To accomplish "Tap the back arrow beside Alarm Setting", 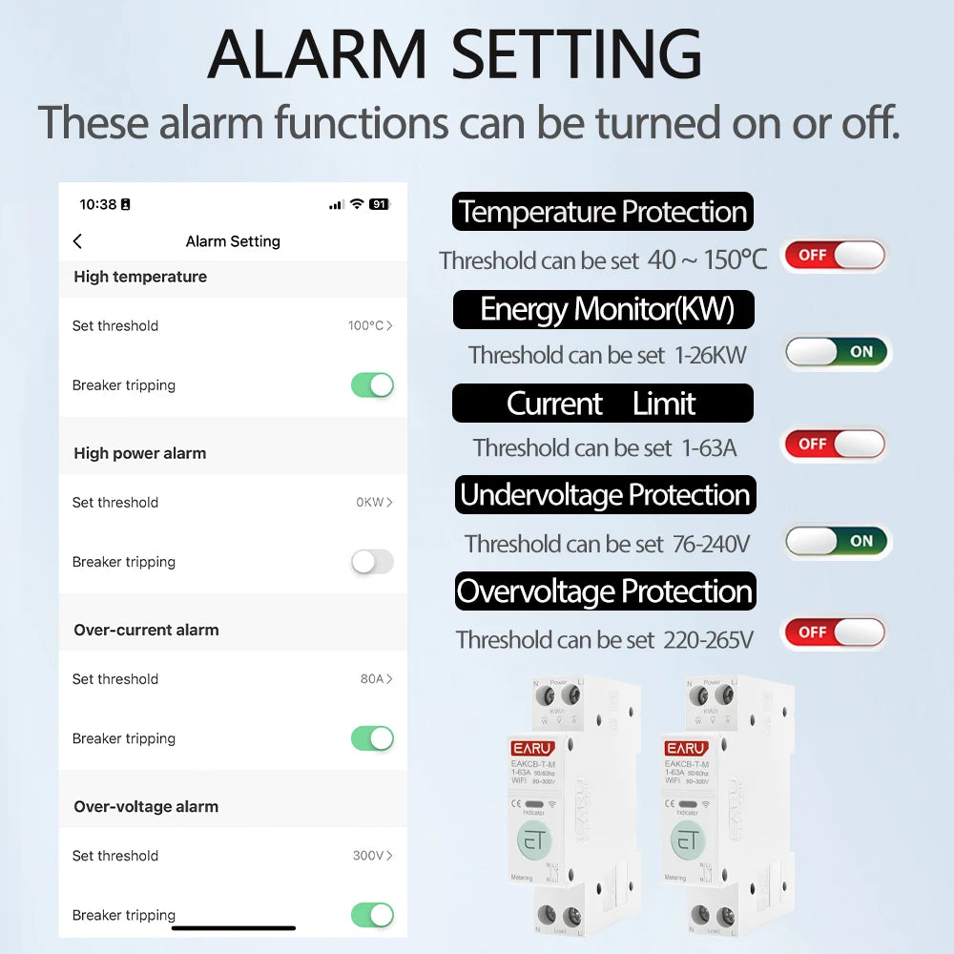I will (77, 241).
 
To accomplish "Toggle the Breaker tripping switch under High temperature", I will (372, 385).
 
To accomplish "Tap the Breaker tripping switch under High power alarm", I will (372, 562).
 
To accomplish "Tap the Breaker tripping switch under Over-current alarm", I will (372, 738).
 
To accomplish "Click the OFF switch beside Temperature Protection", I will (834, 256).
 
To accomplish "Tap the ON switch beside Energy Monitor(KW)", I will (837, 352).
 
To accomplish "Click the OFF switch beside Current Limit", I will (834, 444).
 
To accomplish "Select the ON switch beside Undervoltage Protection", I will (837, 541).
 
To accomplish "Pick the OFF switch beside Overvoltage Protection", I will (834, 633).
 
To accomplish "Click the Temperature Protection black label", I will (602, 212).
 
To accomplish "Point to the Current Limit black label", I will (602, 404).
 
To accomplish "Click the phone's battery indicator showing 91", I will (379, 204).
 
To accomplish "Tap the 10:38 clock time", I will (97, 204).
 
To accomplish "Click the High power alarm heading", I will (140, 453).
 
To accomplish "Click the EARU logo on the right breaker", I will (686, 748).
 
